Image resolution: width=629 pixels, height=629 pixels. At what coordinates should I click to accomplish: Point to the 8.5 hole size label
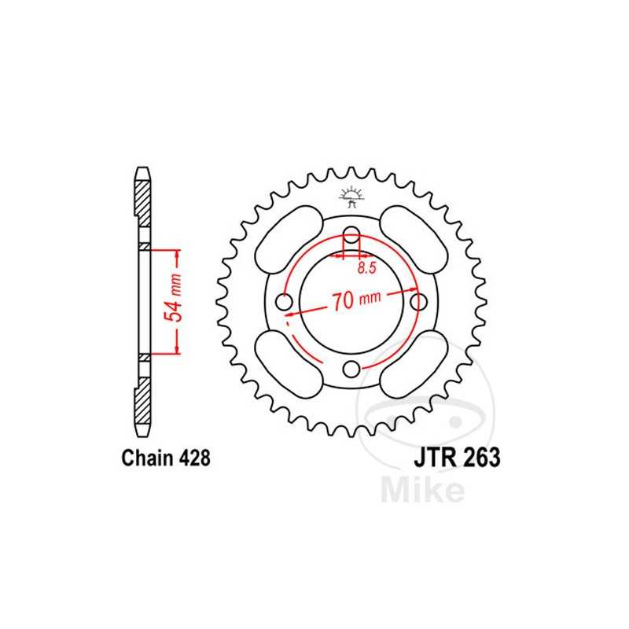[366, 267]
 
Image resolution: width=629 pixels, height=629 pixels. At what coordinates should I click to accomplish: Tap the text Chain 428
[166, 458]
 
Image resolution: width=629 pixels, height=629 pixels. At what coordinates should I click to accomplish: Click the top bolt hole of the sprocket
[352, 234]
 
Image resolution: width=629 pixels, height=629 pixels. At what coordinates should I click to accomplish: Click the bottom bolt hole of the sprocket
[352, 368]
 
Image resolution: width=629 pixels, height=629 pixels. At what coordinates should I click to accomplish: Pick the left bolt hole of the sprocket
[285, 301]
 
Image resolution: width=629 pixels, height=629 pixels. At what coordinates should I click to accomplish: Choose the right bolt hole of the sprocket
[420, 301]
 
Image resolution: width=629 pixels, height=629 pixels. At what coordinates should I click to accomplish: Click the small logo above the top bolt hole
[351, 197]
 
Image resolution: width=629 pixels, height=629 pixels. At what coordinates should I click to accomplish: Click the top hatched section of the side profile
[142, 201]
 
